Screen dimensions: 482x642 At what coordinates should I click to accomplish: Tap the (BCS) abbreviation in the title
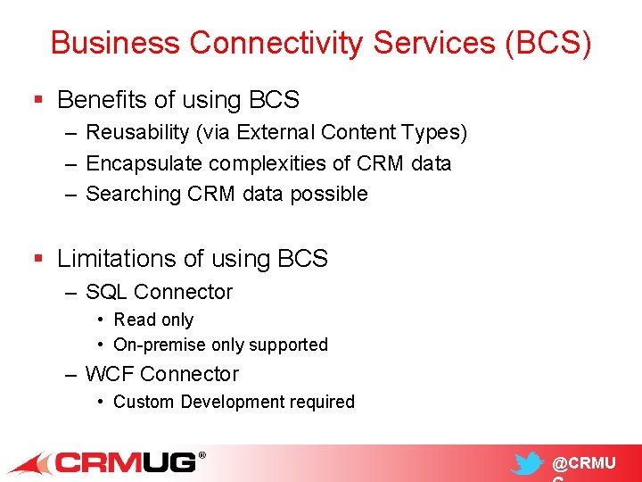547,42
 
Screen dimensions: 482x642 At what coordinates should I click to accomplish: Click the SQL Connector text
159,292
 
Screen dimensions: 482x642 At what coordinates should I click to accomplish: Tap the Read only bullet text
153,320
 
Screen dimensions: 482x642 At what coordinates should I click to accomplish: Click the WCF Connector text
161,374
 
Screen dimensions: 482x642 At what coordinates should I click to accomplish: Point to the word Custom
144,402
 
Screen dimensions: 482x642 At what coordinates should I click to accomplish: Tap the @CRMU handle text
583,463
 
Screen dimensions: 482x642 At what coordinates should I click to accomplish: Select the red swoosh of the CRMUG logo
31,464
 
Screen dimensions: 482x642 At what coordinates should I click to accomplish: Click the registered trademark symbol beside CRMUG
201,455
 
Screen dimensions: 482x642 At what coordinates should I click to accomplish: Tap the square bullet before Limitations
37,259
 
